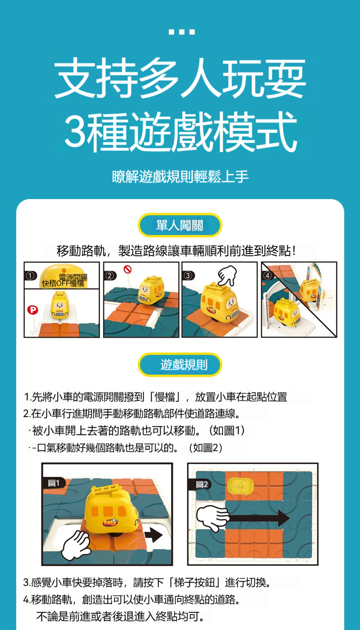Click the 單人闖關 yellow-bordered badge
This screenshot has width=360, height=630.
pos(180,225)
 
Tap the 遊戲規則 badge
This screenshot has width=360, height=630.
pos(180,365)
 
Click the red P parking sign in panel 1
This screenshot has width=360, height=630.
pos(32,310)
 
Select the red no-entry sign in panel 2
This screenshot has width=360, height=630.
pos(126,269)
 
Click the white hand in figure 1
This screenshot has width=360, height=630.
pos(76,545)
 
